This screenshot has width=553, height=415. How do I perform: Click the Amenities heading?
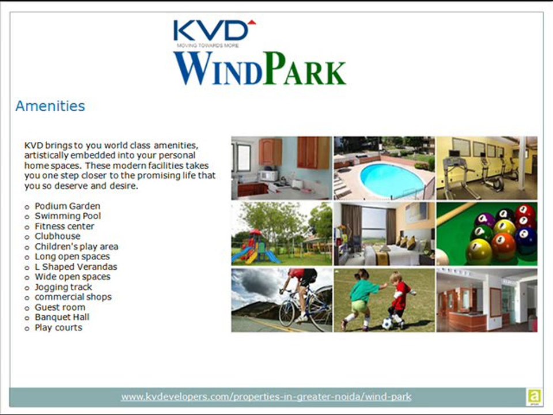click(x=50, y=106)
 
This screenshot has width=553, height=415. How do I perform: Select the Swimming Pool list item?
click(x=67, y=216)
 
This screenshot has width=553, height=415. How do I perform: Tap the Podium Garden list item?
click(x=67, y=206)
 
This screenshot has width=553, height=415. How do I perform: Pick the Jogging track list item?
click(x=63, y=286)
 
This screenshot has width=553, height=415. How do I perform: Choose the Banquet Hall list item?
click(x=62, y=317)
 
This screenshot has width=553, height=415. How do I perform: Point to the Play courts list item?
click(x=58, y=327)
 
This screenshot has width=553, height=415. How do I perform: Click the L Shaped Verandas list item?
click(x=75, y=267)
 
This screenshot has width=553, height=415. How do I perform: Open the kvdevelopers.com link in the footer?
click(x=266, y=397)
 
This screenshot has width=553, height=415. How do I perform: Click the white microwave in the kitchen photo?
click(x=267, y=176)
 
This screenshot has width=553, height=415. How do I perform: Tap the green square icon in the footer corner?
click(x=533, y=397)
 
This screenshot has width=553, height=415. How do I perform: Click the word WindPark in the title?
click(x=260, y=69)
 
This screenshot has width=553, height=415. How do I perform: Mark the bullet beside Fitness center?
click(x=26, y=227)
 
